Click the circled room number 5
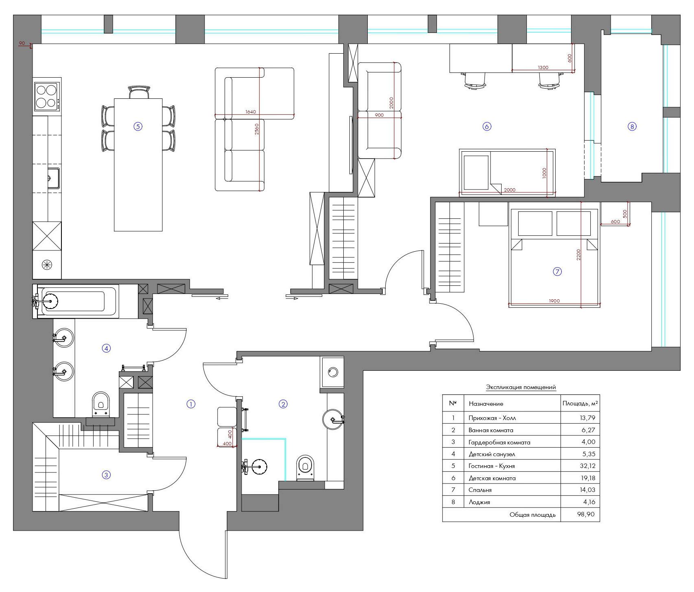tap(138, 126)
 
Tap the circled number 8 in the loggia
tap(632, 126)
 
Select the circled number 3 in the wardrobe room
tap(106, 474)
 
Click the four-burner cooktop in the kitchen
tap(46, 96)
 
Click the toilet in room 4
tap(101, 404)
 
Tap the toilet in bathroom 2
tap(306, 468)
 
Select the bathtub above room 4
tap(76, 301)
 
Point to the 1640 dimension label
tap(251, 112)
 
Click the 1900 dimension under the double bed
tap(554, 301)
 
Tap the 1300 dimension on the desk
tap(543, 67)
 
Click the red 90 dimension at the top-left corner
tap(22, 43)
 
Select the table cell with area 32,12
tap(580, 466)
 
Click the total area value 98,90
tap(586, 514)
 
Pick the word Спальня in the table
tap(480, 490)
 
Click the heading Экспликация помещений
tap(521, 387)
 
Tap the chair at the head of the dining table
tap(139, 92)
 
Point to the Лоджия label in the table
tap(479, 502)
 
